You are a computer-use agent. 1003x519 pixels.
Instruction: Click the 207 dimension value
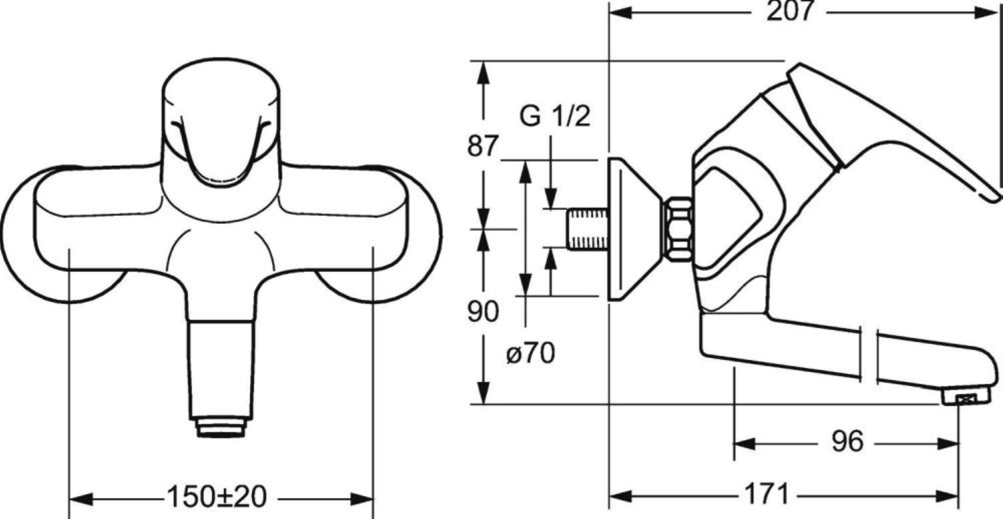(x=790, y=11)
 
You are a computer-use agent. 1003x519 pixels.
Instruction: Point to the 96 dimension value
(x=847, y=442)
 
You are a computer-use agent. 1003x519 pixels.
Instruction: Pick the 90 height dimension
(x=483, y=312)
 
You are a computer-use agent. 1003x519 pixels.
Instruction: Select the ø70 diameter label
(x=530, y=353)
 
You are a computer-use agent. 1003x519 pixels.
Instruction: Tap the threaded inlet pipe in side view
(x=588, y=229)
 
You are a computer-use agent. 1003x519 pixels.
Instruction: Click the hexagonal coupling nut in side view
(x=678, y=229)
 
